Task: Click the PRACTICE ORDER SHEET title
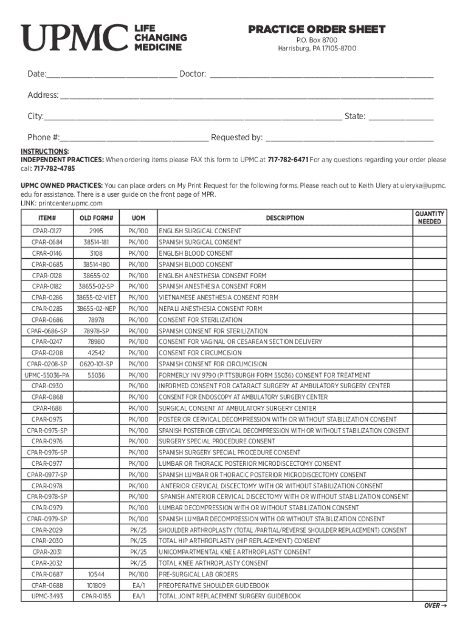coord(317,30)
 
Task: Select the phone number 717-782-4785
coord(54,168)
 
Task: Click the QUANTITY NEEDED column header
coord(429,218)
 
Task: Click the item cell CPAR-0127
coord(47,231)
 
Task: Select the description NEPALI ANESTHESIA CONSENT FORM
coord(210,309)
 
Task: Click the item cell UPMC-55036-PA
coord(47,375)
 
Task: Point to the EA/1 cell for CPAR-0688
coord(138,586)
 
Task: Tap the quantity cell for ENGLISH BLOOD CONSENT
coord(429,253)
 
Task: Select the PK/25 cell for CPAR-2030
coord(138,541)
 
